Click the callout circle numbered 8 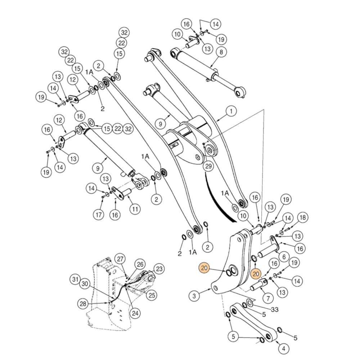click(x=221, y=52)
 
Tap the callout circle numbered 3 click(x=194, y=296)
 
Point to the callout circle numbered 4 click(x=284, y=348)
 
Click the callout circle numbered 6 click(x=283, y=257)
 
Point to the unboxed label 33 click(x=275, y=309)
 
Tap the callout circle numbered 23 click(x=159, y=269)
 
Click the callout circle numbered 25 click(x=152, y=295)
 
